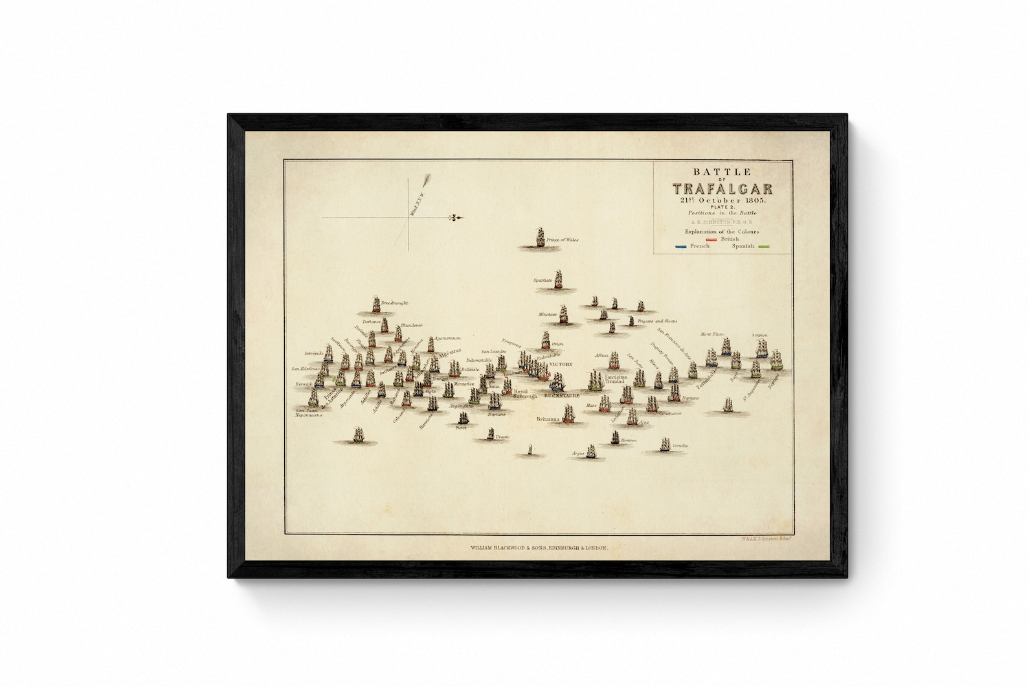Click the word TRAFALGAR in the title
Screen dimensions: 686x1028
(x=722, y=189)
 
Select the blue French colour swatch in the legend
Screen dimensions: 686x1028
(x=680, y=247)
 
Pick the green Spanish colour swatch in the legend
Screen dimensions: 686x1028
(x=767, y=247)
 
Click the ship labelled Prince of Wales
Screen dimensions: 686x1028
(x=540, y=238)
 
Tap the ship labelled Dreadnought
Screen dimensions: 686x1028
(x=376, y=305)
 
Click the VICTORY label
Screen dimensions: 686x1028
(x=561, y=365)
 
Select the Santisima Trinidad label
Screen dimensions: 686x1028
(x=615, y=380)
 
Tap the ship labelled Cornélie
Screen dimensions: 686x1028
(x=665, y=444)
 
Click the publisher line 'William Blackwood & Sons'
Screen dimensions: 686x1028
(x=539, y=548)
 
